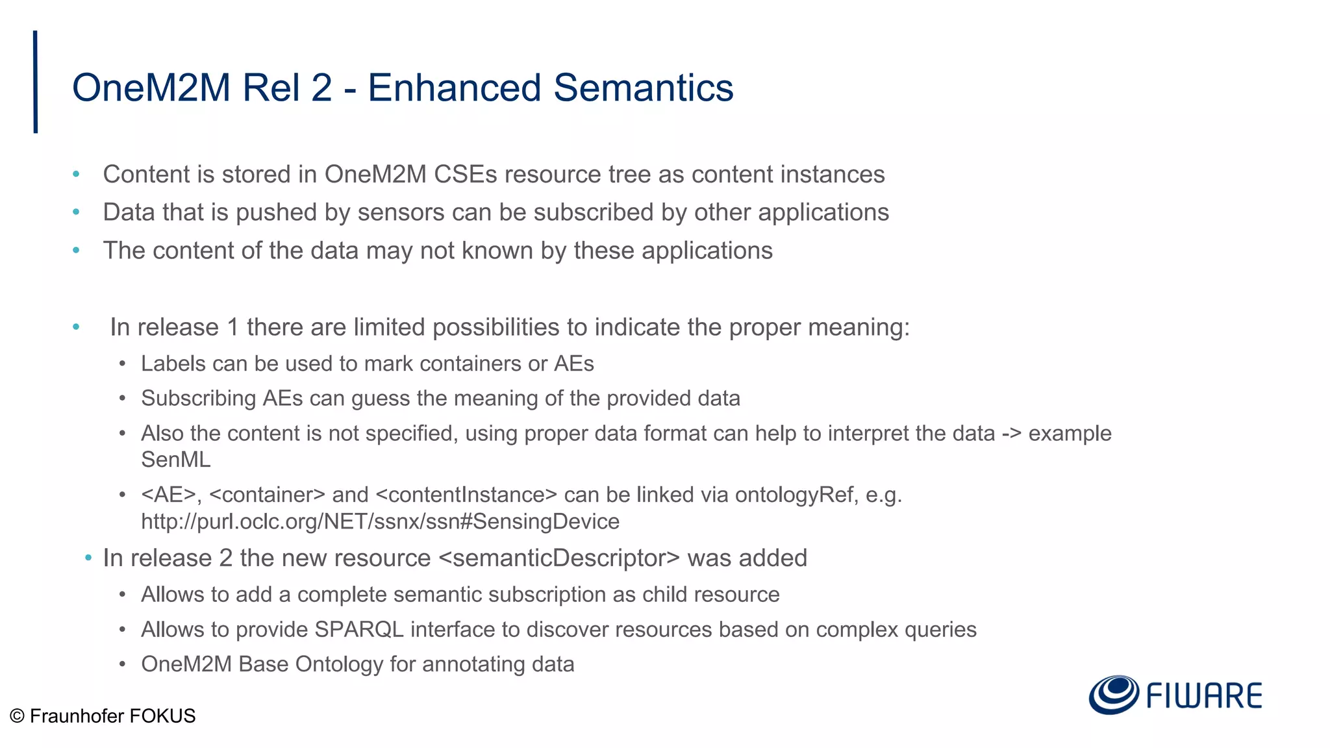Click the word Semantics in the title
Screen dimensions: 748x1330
(x=643, y=88)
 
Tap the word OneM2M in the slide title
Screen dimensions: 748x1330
(x=151, y=88)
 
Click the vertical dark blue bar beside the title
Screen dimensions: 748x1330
(x=35, y=82)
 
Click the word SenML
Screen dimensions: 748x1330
(x=175, y=460)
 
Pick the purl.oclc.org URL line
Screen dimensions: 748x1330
(x=380, y=522)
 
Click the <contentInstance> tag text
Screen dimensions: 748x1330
(x=466, y=495)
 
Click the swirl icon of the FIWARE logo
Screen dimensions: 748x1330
(x=1113, y=694)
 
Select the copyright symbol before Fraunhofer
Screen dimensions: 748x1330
(x=18, y=716)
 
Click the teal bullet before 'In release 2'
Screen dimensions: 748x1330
(x=88, y=558)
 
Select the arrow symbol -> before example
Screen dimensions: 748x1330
(x=1011, y=434)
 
